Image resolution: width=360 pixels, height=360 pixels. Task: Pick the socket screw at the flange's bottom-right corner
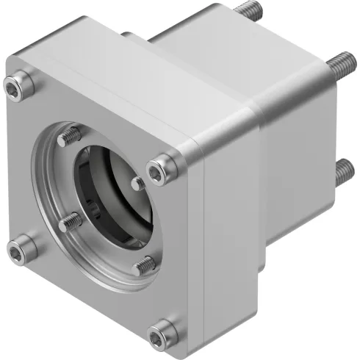159,337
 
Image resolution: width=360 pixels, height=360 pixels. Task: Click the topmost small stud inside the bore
71,135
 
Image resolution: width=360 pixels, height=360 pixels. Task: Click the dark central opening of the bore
110,198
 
